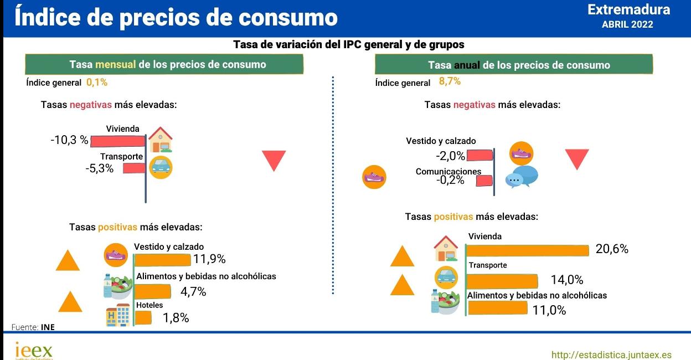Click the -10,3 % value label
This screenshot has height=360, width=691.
coord(69,140)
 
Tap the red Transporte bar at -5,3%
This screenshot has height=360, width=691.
coord(133,168)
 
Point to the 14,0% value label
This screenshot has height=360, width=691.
coord(566,280)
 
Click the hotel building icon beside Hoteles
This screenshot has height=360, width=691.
coord(117,315)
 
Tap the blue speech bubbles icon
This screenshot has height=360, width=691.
coord(521,177)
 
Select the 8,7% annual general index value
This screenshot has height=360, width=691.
coord(450,81)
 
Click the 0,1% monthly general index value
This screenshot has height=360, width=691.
coord(96,83)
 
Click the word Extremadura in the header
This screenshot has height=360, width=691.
coord(628,9)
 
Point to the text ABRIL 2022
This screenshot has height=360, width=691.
coord(627,24)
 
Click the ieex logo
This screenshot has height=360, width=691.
coord(34,351)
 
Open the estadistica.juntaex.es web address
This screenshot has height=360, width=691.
coord(611,354)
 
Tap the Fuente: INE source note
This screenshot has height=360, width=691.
coord(33,327)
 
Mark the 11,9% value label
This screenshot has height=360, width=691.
coord(209,259)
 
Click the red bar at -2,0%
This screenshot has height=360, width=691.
coord(479,155)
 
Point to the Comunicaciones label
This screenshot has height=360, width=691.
coord(448,172)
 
